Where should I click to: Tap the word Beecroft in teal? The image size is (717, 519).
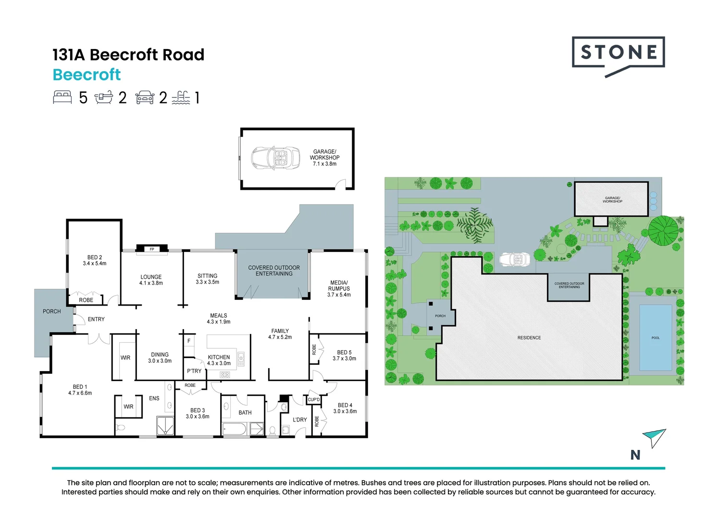tap(87, 75)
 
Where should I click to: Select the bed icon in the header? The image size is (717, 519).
tap(62, 98)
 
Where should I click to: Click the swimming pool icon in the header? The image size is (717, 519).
tap(181, 98)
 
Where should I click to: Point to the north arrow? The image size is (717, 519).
tap(654, 437)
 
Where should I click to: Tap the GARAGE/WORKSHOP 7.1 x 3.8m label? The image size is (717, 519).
tap(324, 158)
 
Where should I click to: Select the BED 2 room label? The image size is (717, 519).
tap(94, 260)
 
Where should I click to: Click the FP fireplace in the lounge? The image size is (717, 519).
tap(152, 249)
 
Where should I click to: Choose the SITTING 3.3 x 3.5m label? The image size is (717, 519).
tap(207, 279)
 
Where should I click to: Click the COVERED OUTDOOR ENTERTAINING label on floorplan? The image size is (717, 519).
tap(273, 271)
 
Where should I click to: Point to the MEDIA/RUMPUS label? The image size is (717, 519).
tap(339, 288)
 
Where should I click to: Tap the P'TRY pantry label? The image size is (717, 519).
tap(194, 371)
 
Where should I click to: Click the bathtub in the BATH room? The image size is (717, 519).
tap(235, 429)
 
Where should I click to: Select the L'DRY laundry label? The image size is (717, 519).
tap(300, 420)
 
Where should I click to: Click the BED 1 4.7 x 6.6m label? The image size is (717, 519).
tap(80, 390)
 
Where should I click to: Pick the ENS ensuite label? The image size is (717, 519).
tap(154, 398)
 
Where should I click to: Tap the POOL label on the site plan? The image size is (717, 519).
tap(655, 338)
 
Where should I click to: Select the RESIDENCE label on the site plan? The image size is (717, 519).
tap(529, 338)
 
